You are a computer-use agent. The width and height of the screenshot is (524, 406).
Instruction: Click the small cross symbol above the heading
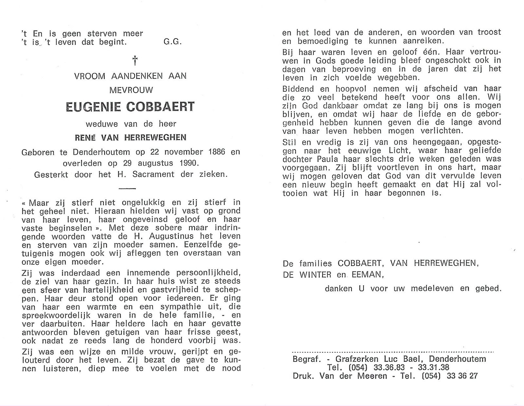(135, 61)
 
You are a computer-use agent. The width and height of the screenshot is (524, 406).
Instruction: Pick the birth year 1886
(215, 152)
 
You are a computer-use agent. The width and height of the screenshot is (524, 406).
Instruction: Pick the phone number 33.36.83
(379, 367)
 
